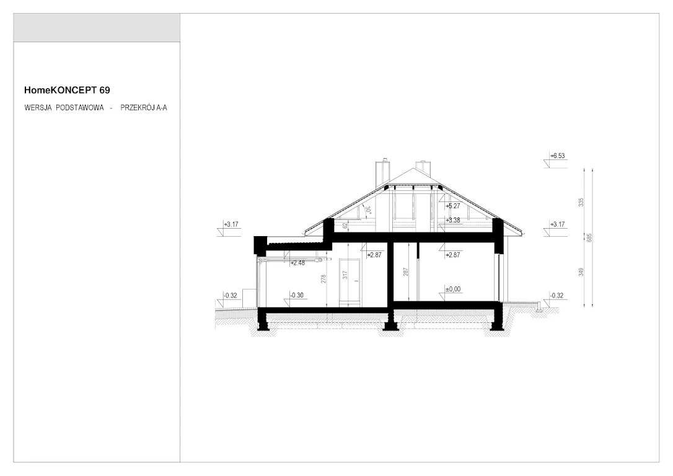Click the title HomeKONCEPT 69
coord(67,90)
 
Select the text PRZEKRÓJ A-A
coord(144,108)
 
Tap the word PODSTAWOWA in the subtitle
coord(80,108)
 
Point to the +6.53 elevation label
coord(558,156)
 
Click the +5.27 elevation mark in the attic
coord(453,206)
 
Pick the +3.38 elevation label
coord(453,220)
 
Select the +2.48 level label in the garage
coord(297,263)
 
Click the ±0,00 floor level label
coord(453,289)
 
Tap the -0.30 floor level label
coord(297,295)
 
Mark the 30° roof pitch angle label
coord(368,210)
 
